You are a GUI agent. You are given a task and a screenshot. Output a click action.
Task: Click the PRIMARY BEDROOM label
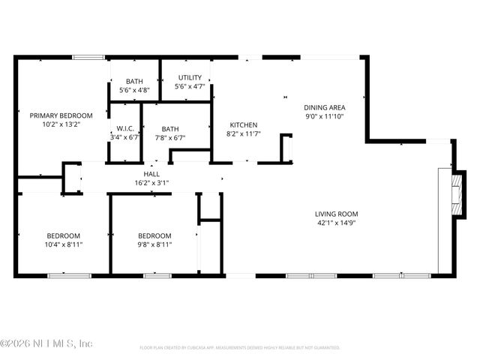coord(61,115)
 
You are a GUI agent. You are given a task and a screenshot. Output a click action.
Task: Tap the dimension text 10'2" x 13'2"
coord(61,125)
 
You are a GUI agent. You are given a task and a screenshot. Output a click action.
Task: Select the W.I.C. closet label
coord(124,128)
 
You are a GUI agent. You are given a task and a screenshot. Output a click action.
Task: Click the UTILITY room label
coord(188,78)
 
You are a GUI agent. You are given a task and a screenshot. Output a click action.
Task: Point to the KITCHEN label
coord(244,124)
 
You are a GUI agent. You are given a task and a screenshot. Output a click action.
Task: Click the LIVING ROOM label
coord(335,214)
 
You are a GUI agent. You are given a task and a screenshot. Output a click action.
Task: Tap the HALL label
coord(151,173)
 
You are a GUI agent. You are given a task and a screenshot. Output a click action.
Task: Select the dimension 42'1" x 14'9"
coord(335,223)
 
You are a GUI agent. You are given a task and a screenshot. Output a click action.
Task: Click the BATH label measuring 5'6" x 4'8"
coord(134,81)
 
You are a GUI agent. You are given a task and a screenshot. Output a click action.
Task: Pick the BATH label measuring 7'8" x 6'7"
coord(170,128)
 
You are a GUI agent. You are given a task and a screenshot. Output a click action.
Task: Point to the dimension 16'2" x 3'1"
coord(151,182)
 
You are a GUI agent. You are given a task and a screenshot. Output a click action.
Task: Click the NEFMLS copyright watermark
coord(46,343)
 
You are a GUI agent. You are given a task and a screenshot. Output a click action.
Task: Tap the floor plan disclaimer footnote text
coord(240,348)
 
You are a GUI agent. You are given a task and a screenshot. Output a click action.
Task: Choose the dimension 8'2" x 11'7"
coord(244,133)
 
